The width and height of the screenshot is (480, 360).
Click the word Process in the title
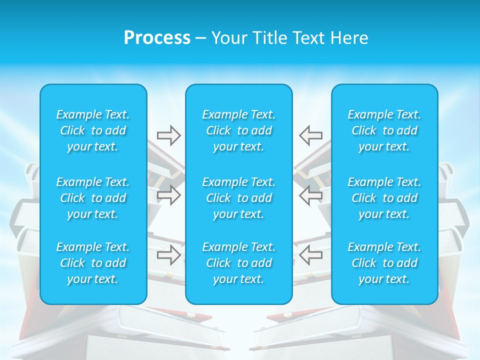point(157,38)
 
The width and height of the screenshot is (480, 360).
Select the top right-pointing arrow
point(168,135)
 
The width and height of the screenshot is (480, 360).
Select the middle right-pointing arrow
point(168,195)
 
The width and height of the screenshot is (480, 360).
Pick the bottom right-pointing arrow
point(168,254)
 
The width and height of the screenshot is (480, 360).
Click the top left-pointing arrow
point(311,135)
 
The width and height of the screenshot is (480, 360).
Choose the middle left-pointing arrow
point(311,195)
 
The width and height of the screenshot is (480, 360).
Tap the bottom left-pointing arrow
point(311,254)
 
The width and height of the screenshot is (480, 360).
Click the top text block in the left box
point(93,130)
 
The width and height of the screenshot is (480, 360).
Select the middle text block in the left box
point(93,198)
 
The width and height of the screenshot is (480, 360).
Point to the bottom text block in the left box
point(93,263)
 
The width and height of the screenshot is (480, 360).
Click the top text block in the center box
point(239,130)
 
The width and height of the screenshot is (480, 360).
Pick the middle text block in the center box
point(239,198)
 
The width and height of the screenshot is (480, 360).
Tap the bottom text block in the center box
point(239,263)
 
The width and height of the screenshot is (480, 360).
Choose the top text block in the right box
point(384,130)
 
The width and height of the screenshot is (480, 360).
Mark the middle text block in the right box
point(384,198)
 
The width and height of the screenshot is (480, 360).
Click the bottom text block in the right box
point(384,263)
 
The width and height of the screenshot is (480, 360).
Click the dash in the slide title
point(201,38)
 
